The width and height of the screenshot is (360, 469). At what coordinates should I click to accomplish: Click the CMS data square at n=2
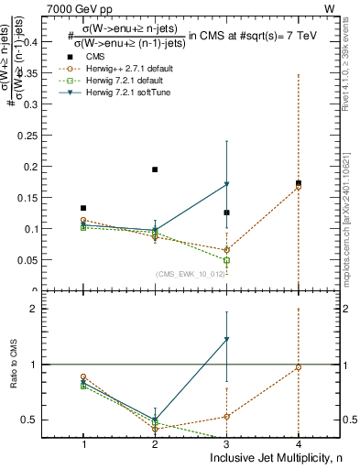coord(155,169)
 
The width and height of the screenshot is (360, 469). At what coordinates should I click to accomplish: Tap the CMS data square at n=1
coord(83,208)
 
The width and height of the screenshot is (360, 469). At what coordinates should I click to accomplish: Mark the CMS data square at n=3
coord(226,213)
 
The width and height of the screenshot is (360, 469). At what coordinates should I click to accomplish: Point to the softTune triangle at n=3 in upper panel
coord(226,184)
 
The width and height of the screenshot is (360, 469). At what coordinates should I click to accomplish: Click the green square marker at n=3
coord(226,260)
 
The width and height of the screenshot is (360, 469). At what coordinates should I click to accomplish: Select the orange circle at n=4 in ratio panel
coord(299,367)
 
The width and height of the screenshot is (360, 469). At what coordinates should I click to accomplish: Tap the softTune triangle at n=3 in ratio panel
coord(226,340)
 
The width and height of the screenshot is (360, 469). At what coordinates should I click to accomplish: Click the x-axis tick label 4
coord(299,443)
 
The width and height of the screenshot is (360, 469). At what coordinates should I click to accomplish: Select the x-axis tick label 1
coord(83,443)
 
